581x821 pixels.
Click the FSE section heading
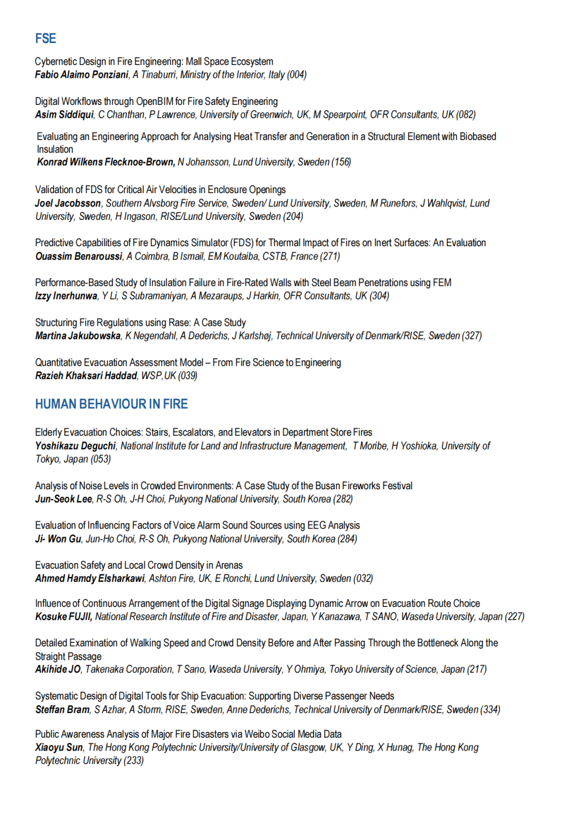[46, 39]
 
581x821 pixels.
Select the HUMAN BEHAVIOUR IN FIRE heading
[111, 404]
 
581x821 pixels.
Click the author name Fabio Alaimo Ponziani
[82, 75]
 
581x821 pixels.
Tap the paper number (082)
[466, 115]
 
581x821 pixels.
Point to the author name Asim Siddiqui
[64, 115]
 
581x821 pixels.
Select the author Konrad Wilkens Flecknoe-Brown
[105, 162]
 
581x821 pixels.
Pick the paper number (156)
[341, 162]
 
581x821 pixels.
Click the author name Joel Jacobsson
[68, 203]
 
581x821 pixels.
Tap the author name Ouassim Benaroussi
[79, 256]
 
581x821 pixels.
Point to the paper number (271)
[330, 256]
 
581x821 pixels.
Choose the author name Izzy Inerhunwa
[66, 296]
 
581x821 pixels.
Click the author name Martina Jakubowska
[78, 336]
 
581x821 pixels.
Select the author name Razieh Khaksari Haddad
[86, 376]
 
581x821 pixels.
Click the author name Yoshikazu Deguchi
[75, 446]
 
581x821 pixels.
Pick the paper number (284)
[348, 539]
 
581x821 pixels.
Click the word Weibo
[256, 734]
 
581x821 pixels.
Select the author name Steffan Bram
[62, 710]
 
